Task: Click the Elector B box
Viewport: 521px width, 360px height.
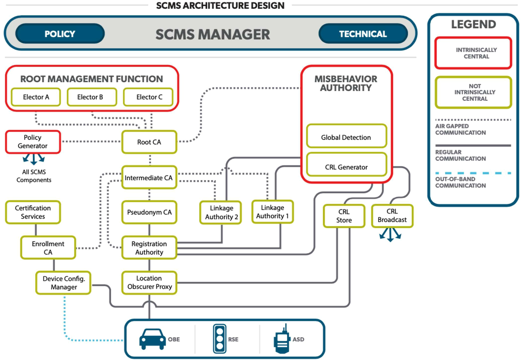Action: click(92, 97)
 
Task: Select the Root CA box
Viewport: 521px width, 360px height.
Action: click(149, 142)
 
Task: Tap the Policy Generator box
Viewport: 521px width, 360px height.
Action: click(33, 142)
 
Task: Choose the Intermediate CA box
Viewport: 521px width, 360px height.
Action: click(149, 178)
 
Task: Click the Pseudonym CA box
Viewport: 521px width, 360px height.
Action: click(149, 212)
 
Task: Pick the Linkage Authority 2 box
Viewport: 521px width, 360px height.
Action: click(220, 212)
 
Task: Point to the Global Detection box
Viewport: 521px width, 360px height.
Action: click(347, 136)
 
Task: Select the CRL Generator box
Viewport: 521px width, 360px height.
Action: click(347, 164)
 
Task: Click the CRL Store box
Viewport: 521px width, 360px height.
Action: click(344, 216)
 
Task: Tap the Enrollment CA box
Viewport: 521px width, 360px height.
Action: click(48, 248)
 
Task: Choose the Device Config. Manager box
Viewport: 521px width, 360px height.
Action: click(63, 282)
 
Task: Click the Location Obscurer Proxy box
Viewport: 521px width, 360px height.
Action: click(149, 282)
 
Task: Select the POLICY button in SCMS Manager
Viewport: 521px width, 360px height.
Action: click(60, 34)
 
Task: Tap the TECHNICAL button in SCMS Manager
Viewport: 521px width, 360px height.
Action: click(363, 34)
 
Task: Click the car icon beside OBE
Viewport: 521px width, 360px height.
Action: click(153, 339)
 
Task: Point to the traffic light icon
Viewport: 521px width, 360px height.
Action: click(220, 339)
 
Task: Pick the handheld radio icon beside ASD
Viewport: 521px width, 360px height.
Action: click(282, 339)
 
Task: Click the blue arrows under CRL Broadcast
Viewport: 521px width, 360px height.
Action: click(390, 235)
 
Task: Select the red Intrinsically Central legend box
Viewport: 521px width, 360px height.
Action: click(473, 53)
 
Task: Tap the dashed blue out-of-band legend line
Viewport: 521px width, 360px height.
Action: click(473, 173)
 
